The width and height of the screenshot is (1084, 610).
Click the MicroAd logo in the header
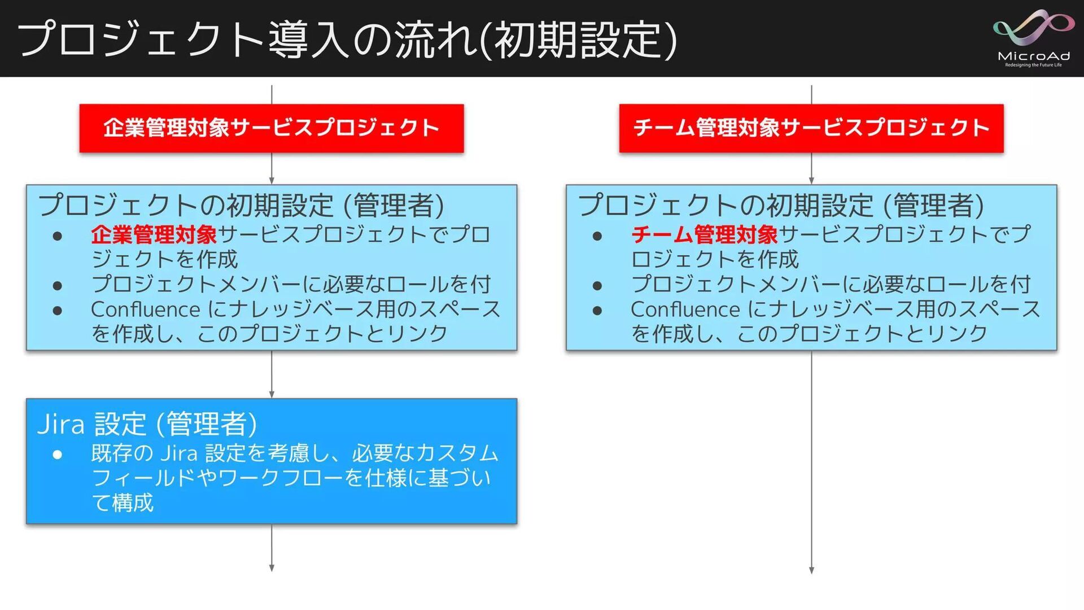click(x=1033, y=38)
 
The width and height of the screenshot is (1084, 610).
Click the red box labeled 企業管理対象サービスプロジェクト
click(x=272, y=128)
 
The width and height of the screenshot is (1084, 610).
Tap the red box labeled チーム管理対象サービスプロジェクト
click(x=811, y=128)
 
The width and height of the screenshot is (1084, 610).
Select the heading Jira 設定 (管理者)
click(x=147, y=424)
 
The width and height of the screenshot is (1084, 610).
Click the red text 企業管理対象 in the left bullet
click(x=154, y=234)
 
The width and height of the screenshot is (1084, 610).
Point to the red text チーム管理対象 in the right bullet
click(x=704, y=234)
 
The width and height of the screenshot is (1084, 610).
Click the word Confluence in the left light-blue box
click(x=145, y=310)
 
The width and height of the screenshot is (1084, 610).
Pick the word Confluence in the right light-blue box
click(x=685, y=310)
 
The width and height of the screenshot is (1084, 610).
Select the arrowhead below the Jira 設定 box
click(x=272, y=568)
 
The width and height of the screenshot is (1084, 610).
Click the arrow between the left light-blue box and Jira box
click(x=272, y=375)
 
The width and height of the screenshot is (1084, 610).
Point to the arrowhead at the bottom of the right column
click(x=811, y=570)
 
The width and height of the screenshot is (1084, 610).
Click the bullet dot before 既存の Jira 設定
click(x=57, y=454)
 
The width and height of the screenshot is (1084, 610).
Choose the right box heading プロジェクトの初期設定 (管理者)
click(x=781, y=205)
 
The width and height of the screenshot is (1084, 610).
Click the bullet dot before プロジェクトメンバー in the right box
click(x=597, y=285)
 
